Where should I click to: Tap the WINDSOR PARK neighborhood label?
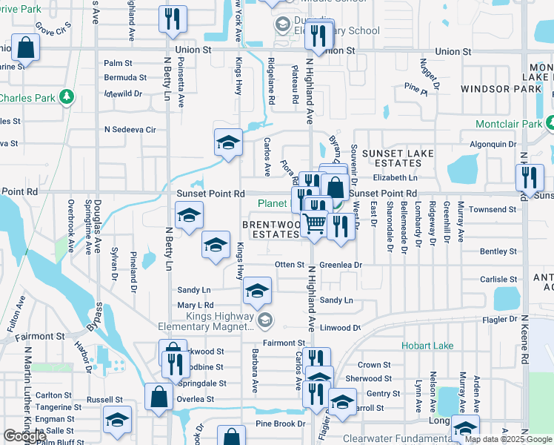501,88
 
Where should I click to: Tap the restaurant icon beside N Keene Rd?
530,177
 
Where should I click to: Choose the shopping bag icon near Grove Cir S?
26,48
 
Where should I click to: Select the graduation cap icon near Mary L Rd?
257,291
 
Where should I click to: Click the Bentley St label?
498,252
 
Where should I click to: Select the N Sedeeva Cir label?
130,129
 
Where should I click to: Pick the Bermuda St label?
125,77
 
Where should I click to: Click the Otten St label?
290,264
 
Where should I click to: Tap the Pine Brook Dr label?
280,424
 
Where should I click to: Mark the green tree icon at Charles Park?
67,97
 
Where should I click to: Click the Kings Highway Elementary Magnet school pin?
265,320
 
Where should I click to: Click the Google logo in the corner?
24,437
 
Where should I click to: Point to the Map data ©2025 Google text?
507,439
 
